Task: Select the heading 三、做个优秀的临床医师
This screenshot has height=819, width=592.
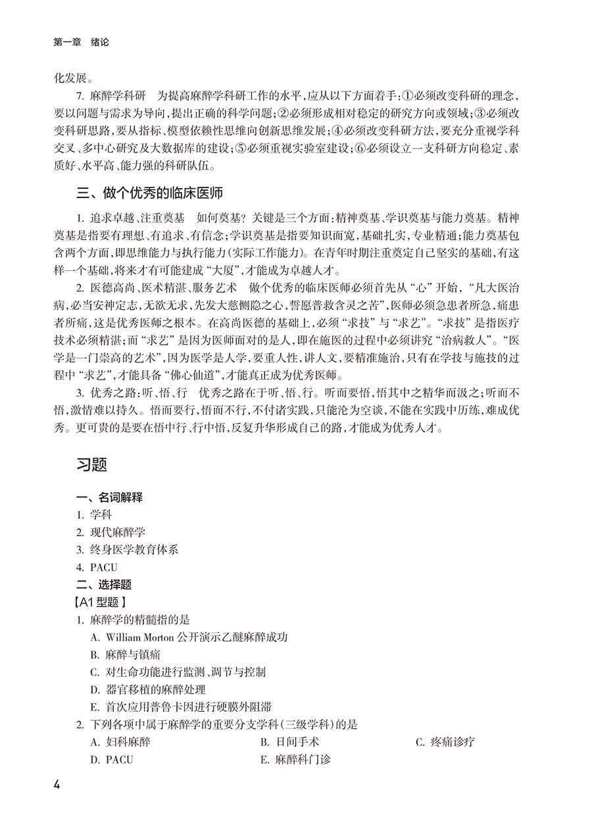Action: [x=150, y=193]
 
